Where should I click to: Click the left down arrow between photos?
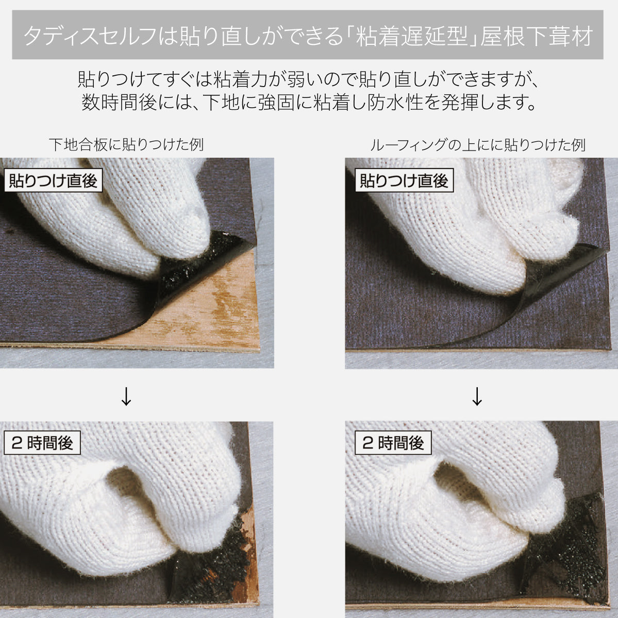point(126,396)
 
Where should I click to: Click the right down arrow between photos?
point(477,396)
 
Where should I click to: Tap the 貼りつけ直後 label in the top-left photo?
point(53,180)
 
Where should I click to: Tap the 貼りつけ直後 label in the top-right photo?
point(405,180)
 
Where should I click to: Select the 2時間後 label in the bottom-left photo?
point(42,443)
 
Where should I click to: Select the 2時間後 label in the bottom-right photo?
point(393,443)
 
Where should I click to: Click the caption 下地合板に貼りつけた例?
point(126,145)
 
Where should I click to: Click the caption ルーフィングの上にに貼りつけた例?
point(478,145)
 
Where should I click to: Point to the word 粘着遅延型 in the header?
point(411,36)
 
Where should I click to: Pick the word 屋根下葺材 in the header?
point(537,36)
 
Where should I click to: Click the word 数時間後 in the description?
point(119,102)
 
